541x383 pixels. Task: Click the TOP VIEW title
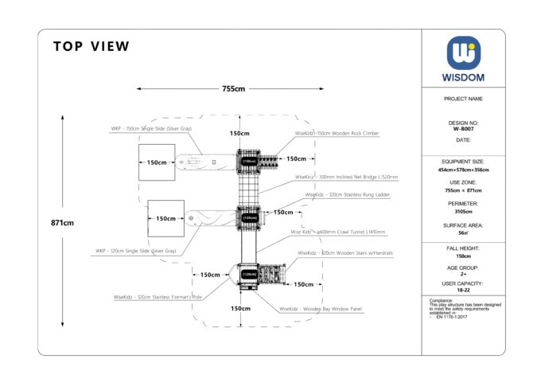tap(91, 46)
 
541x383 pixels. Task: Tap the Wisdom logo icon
tap(463, 53)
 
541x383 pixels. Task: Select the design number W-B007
tap(463, 128)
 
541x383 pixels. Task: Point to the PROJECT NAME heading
tap(463, 99)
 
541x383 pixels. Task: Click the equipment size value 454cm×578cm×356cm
tap(463, 170)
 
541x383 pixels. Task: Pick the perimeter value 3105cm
tap(463, 211)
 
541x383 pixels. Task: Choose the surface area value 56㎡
tap(463, 233)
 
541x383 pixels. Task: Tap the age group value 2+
tap(463, 274)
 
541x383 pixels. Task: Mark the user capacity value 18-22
tap(463, 291)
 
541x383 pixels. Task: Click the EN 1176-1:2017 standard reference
tap(450, 317)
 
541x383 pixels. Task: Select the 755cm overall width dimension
tap(233, 89)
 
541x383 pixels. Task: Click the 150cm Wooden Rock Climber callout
tap(337, 134)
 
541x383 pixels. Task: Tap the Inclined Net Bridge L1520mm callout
tap(346, 177)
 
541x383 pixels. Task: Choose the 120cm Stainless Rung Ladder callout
tap(348, 194)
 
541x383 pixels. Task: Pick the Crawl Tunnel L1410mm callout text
tap(337, 233)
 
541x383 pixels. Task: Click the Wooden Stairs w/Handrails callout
tap(345, 252)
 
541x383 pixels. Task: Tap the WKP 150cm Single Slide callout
tap(151, 128)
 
